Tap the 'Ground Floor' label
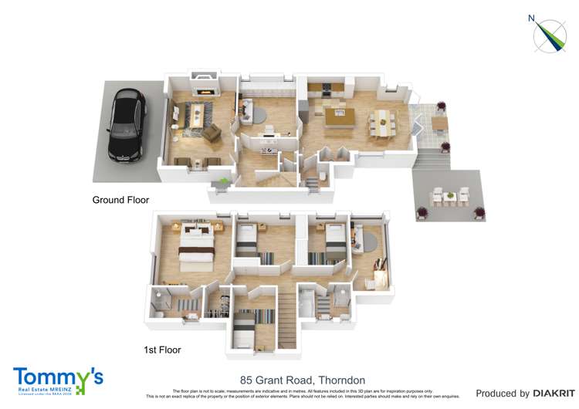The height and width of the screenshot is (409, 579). point(120,200)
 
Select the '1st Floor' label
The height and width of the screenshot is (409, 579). point(162,350)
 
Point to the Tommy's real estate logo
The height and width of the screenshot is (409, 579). point(58,380)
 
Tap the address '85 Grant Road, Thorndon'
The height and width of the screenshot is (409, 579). point(303,380)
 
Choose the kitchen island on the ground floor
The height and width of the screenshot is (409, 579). point(339,117)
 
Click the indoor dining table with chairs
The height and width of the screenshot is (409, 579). point(381,120)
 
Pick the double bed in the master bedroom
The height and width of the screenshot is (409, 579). point(196,248)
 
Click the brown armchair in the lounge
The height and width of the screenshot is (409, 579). point(212,133)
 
